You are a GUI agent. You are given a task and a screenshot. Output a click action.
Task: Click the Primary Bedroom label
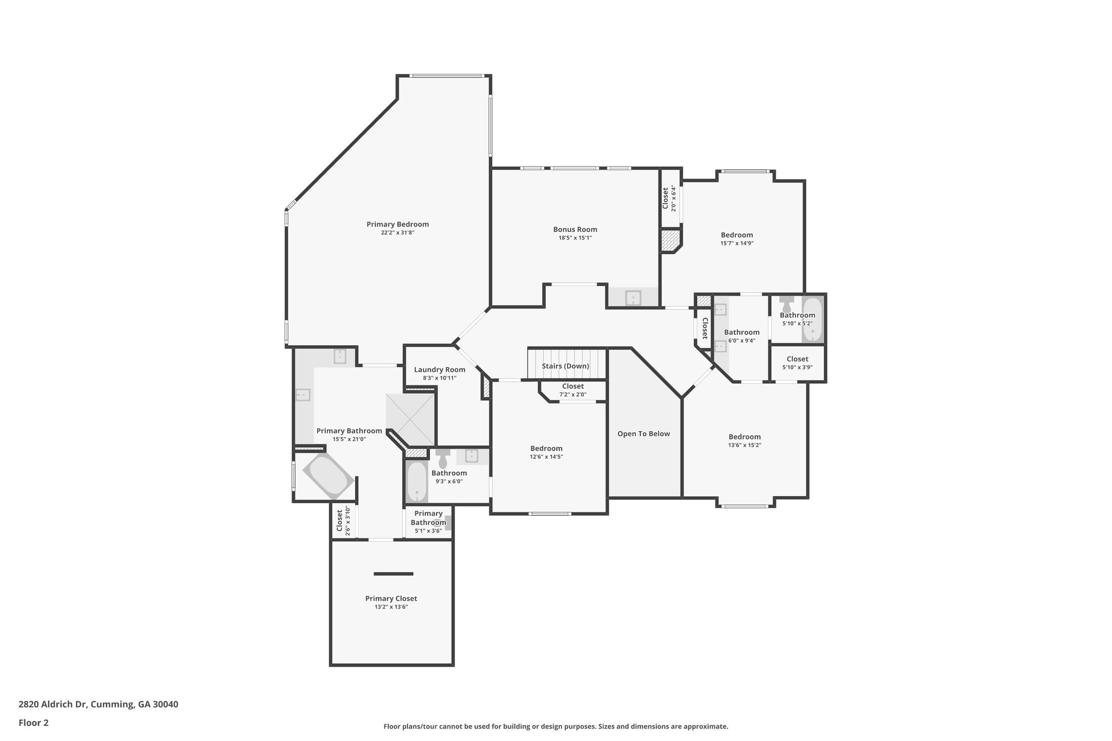[x=397, y=224]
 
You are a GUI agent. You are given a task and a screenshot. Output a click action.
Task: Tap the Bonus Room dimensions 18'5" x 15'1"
[x=575, y=238]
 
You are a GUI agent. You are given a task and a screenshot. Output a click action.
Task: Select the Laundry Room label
[x=439, y=370]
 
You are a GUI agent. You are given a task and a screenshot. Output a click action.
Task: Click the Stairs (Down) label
[x=565, y=366]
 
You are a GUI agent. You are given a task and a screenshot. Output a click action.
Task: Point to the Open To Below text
[x=643, y=434]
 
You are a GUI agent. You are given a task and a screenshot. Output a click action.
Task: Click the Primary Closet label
[x=391, y=598]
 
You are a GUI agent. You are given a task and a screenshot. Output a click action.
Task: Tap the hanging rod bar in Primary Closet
[x=393, y=574]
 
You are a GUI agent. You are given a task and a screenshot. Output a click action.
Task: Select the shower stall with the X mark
[x=410, y=419]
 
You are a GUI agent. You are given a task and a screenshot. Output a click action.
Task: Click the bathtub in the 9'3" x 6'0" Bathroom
[x=417, y=482]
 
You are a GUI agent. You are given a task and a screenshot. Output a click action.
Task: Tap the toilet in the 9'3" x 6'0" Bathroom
[x=442, y=459]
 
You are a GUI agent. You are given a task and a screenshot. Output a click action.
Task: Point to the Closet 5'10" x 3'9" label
[x=797, y=359]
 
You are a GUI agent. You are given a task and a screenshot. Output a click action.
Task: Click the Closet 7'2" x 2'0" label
[x=573, y=387]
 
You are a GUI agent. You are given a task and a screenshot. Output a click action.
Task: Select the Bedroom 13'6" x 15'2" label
[x=744, y=436]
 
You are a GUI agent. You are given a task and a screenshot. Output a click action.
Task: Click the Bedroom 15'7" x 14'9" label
[x=737, y=235]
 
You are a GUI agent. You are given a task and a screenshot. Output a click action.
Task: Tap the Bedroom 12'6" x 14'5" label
[x=546, y=448]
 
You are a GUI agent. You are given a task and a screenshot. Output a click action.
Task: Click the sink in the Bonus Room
[x=633, y=298]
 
